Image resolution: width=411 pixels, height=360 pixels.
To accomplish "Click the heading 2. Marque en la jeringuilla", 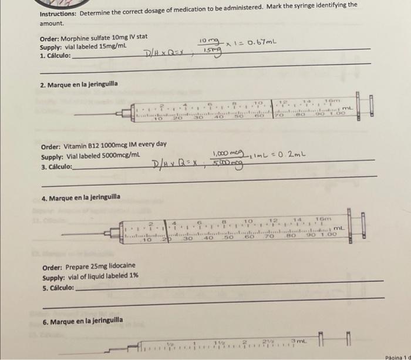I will (x=79, y=84).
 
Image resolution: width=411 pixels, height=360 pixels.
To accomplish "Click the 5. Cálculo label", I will (x=58, y=288).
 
